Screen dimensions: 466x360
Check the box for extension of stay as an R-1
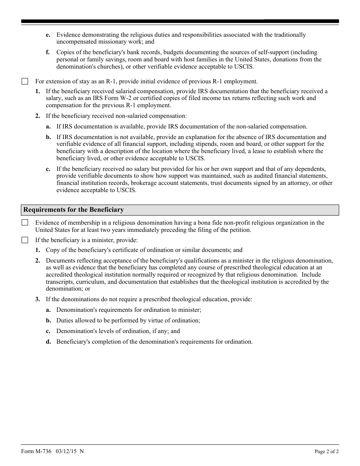(25, 81)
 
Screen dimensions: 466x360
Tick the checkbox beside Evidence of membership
(25, 223)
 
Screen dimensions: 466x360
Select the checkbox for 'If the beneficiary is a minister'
(25, 240)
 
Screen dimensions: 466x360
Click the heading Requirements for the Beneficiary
(74, 210)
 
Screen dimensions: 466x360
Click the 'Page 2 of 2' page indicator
(327, 451)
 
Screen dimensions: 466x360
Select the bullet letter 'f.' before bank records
(48, 52)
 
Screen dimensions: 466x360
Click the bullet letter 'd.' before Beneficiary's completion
(49, 342)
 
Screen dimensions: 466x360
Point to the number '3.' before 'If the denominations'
(38, 299)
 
